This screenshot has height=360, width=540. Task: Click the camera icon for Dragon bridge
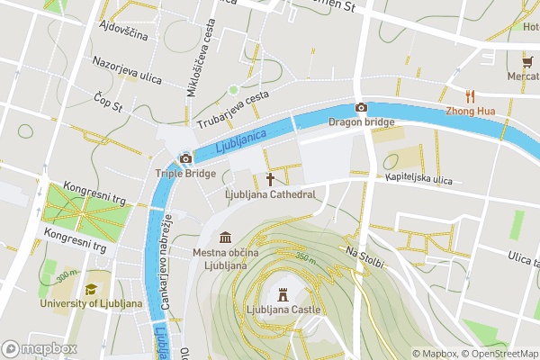(361, 108)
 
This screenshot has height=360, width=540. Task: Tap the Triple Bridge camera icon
(185, 159)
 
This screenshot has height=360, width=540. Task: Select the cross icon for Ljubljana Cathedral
(269, 180)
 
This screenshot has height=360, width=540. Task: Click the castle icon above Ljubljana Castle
(283, 294)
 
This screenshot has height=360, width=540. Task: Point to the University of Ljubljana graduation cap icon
(91, 289)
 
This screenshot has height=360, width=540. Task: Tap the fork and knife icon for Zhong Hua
(470, 96)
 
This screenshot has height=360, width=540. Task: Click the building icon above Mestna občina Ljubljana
(223, 238)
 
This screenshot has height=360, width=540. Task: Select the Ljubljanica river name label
(241, 139)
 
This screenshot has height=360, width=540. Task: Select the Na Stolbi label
(365, 257)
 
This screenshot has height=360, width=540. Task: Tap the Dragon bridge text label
(361, 121)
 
